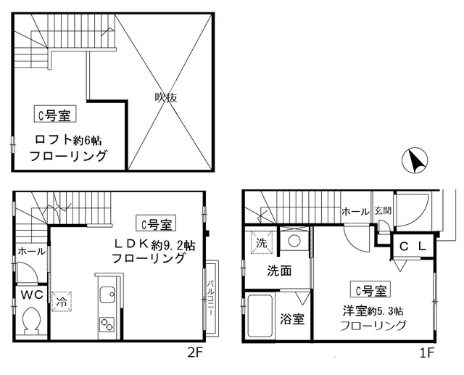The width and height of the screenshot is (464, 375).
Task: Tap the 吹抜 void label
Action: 167,97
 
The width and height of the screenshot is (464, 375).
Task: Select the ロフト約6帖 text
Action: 68,140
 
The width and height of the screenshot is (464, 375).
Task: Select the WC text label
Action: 31,294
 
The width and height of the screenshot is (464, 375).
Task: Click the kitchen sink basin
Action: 105,294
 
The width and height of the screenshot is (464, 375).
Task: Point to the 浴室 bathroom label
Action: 293,318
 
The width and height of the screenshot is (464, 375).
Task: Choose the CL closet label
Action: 412,247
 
